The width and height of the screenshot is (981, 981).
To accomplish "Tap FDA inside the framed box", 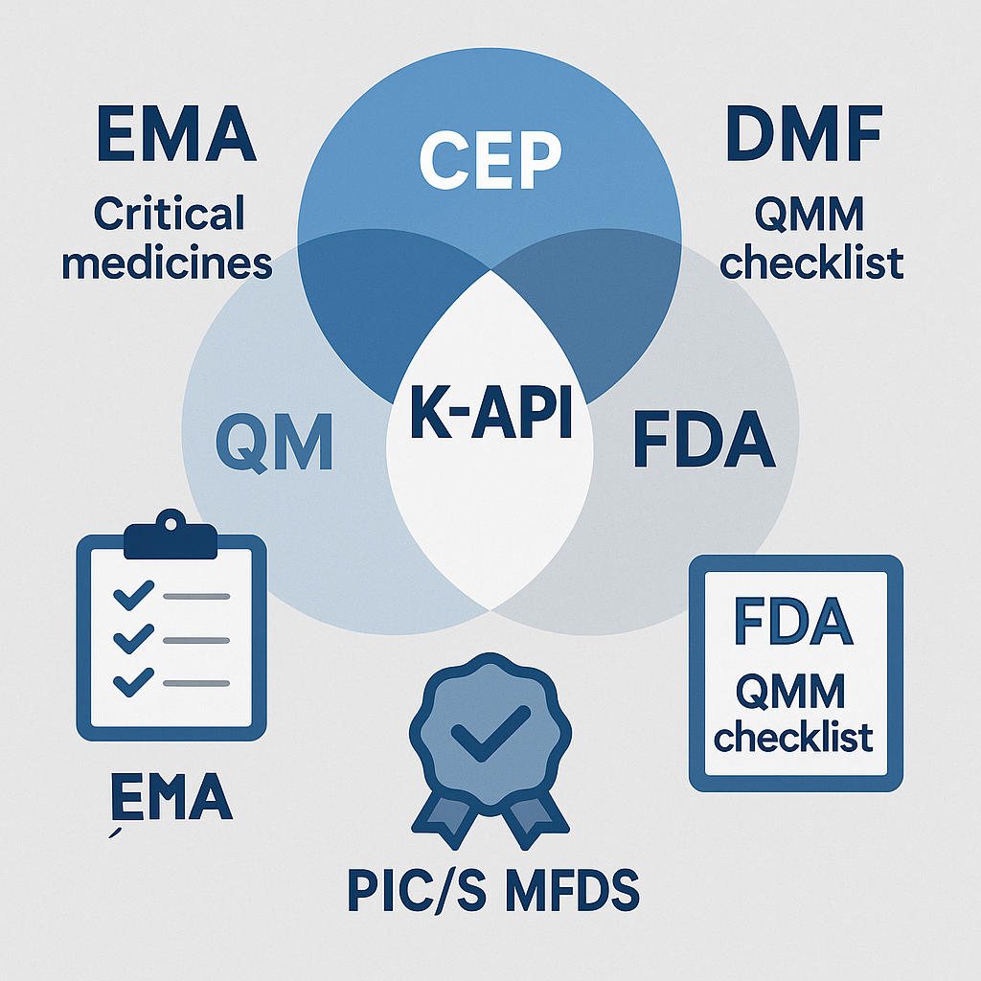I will click(x=793, y=623).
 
